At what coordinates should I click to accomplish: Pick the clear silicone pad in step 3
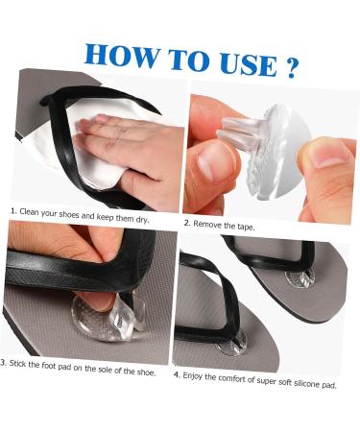tap(101, 318)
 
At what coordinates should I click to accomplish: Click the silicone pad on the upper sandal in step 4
tap(300, 278)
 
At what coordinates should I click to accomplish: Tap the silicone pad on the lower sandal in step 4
tap(231, 344)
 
